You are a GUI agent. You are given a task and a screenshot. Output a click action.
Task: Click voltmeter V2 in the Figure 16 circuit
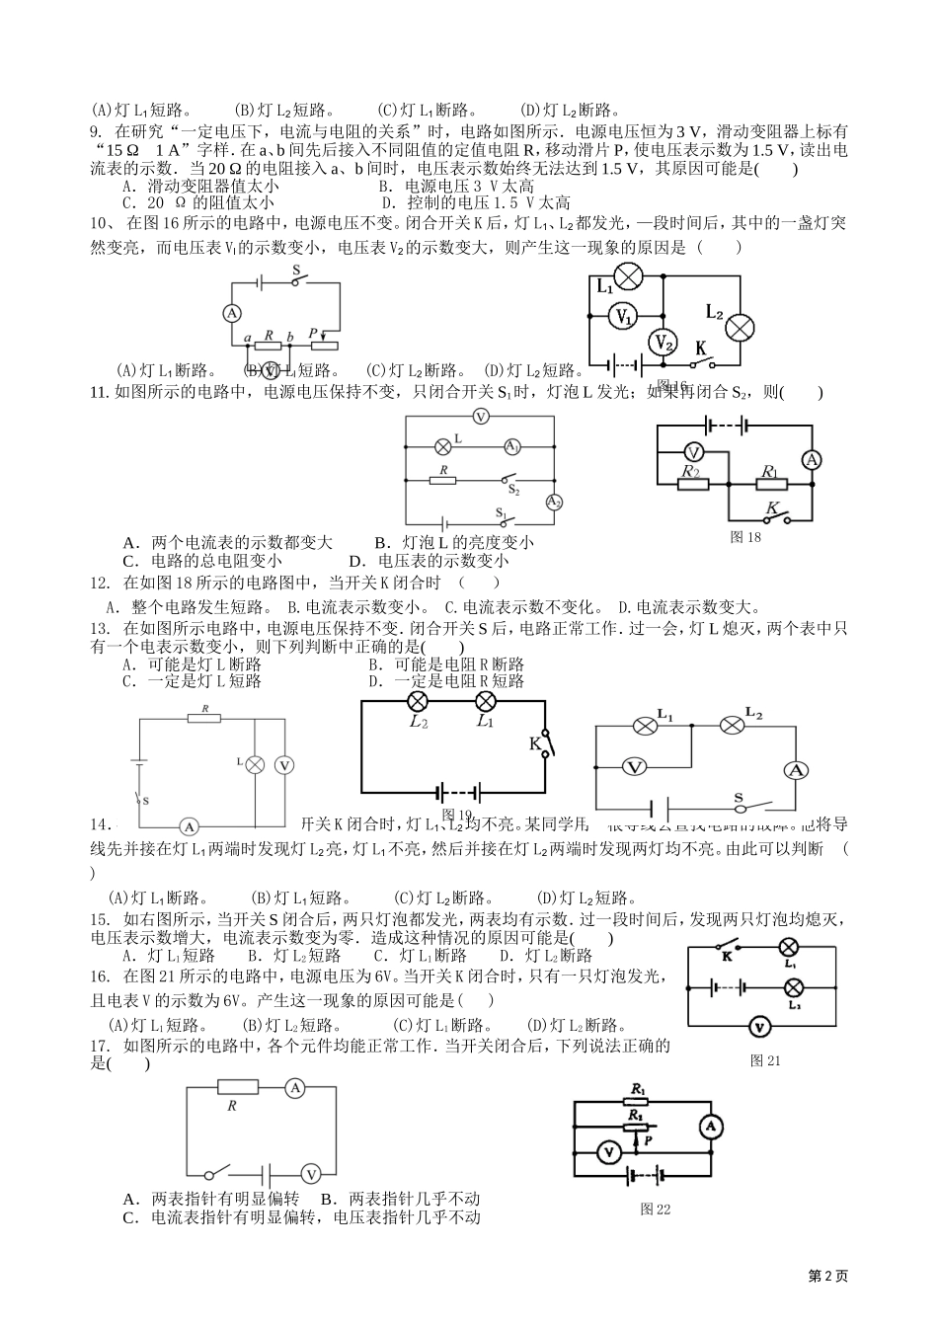coord(662,343)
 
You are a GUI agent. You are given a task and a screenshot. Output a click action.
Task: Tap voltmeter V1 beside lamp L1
coord(622,316)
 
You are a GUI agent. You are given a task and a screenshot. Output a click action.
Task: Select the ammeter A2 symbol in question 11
coord(554,503)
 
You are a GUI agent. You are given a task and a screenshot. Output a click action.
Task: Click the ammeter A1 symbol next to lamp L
coord(512,446)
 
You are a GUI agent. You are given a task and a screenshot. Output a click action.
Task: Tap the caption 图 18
coord(745,537)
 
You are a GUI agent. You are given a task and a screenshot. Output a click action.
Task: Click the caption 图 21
coord(765,1060)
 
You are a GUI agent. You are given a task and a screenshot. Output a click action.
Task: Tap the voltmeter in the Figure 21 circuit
coord(758,1027)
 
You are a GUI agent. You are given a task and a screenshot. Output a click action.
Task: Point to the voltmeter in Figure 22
coord(609,1150)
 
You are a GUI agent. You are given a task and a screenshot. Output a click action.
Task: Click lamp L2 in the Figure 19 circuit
coord(418,702)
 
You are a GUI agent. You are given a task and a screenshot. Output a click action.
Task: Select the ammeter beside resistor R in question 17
coord(293,1088)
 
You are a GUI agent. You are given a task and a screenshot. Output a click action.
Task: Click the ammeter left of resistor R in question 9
coord(232,313)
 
